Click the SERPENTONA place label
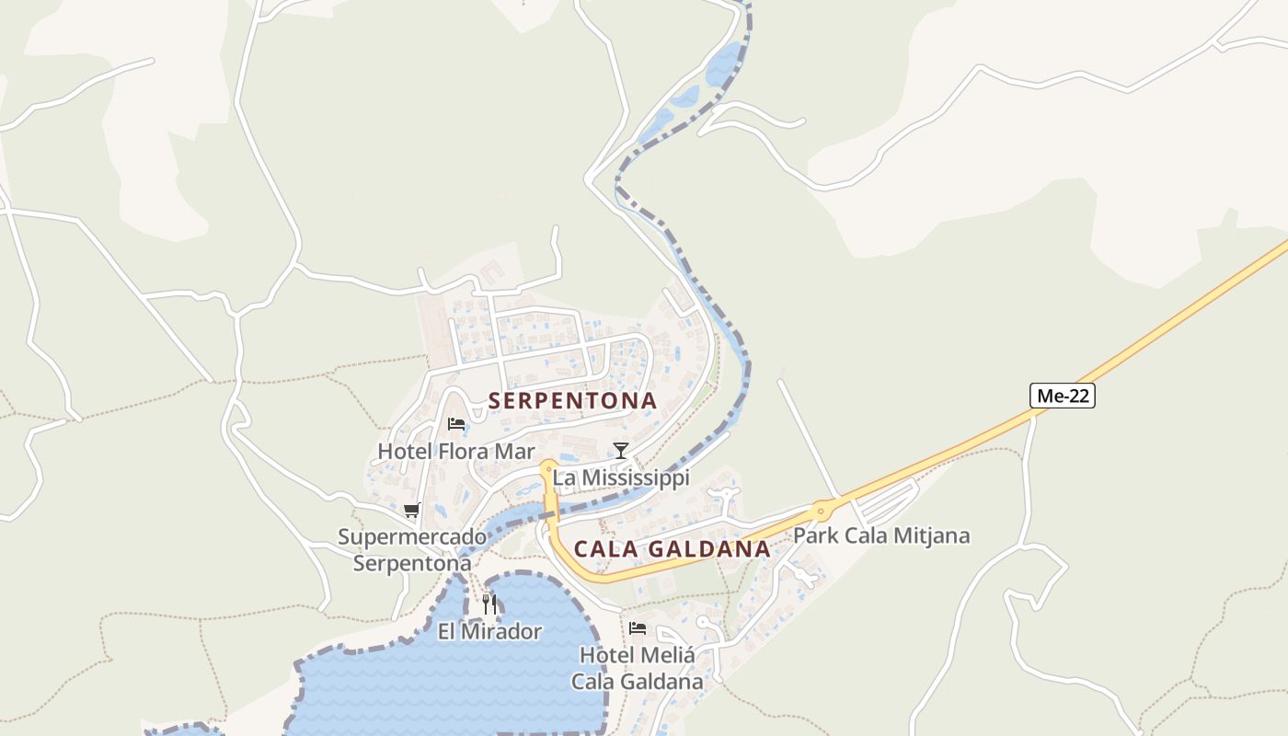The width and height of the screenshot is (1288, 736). [572, 401]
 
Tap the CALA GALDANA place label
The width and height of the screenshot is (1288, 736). [672, 549]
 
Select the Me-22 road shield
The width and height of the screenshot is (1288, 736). [1063, 397]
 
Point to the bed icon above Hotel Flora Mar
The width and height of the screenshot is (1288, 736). [455, 424]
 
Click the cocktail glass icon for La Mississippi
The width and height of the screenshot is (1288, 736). [621, 450]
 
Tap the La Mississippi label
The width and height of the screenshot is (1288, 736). [620, 477]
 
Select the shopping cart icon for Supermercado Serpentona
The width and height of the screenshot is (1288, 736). [411, 510]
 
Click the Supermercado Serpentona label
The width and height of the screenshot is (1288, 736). [412, 549]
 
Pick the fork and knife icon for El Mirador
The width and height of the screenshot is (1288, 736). [489, 604]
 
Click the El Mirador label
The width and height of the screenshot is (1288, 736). [489, 631]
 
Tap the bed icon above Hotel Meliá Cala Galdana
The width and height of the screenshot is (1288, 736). [637, 628]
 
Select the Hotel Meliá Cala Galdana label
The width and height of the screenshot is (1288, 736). [637, 668]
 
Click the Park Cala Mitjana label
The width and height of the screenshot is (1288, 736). [880, 535]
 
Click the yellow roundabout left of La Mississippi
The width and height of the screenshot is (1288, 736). [548, 466]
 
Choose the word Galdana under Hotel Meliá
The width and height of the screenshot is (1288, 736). [661, 682]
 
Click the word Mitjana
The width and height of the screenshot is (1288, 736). [932, 535]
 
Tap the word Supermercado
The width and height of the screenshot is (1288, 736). [412, 536]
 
